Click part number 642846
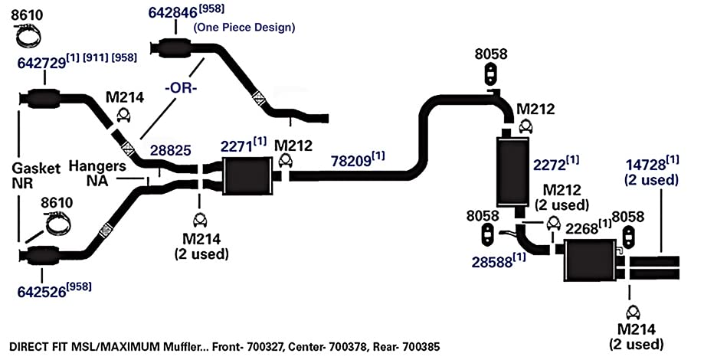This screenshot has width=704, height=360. click(x=172, y=12)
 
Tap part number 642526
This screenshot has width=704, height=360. click(x=42, y=291)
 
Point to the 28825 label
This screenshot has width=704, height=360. click(x=170, y=150)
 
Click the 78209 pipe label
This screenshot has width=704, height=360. click(x=351, y=161)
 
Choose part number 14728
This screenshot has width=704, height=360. click(x=646, y=165)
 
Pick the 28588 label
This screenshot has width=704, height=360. click(x=492, y=262)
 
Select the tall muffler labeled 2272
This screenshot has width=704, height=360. click(x=512, y=171)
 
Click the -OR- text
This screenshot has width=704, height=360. click(x=181, y=88)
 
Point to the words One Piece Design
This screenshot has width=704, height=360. click(x=244, y=28)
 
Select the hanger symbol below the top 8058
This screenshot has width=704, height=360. click(x=491, y=74)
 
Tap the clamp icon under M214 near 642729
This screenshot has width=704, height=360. click(x=123, y=115)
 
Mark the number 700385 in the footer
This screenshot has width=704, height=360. click(x=421, y=347)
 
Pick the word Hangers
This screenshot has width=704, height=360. click(x=97, y=166)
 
